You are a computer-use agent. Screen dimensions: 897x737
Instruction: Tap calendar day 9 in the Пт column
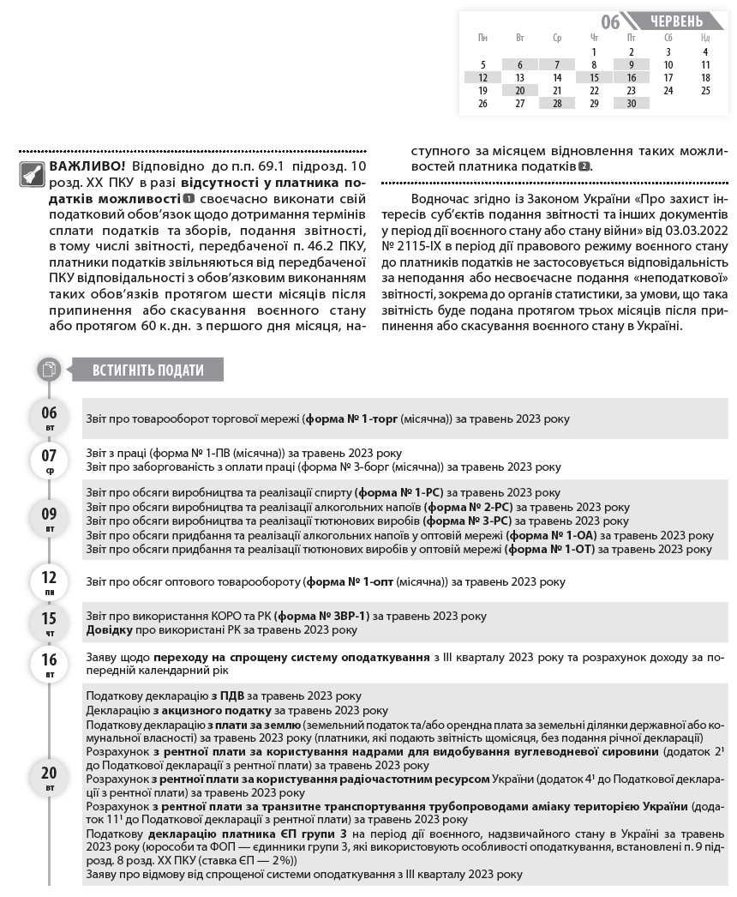click(x=631, y=64)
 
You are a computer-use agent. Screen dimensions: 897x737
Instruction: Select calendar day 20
click(x=519, y=90)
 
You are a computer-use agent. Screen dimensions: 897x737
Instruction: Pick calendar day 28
click(x=557, y=103)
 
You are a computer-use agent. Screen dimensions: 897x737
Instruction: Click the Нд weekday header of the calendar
click(x=704, y=39)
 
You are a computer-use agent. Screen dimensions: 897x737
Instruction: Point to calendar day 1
click(x=594, y=51)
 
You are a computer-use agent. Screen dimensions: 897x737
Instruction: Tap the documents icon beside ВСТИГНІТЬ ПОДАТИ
click(x=50, y=370)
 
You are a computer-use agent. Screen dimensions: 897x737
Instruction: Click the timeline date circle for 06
click(x=50, y=417)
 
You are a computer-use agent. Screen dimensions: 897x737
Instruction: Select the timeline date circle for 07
click(x=50, y=460)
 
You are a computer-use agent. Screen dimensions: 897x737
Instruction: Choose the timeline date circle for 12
click(x=50, y=581)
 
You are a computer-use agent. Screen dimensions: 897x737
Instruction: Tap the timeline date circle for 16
click(x=50, y=664)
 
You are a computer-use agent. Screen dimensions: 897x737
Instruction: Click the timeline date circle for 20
click(x=50, y=777)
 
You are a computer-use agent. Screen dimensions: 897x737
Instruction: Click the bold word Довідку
click(x=109, y=629)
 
